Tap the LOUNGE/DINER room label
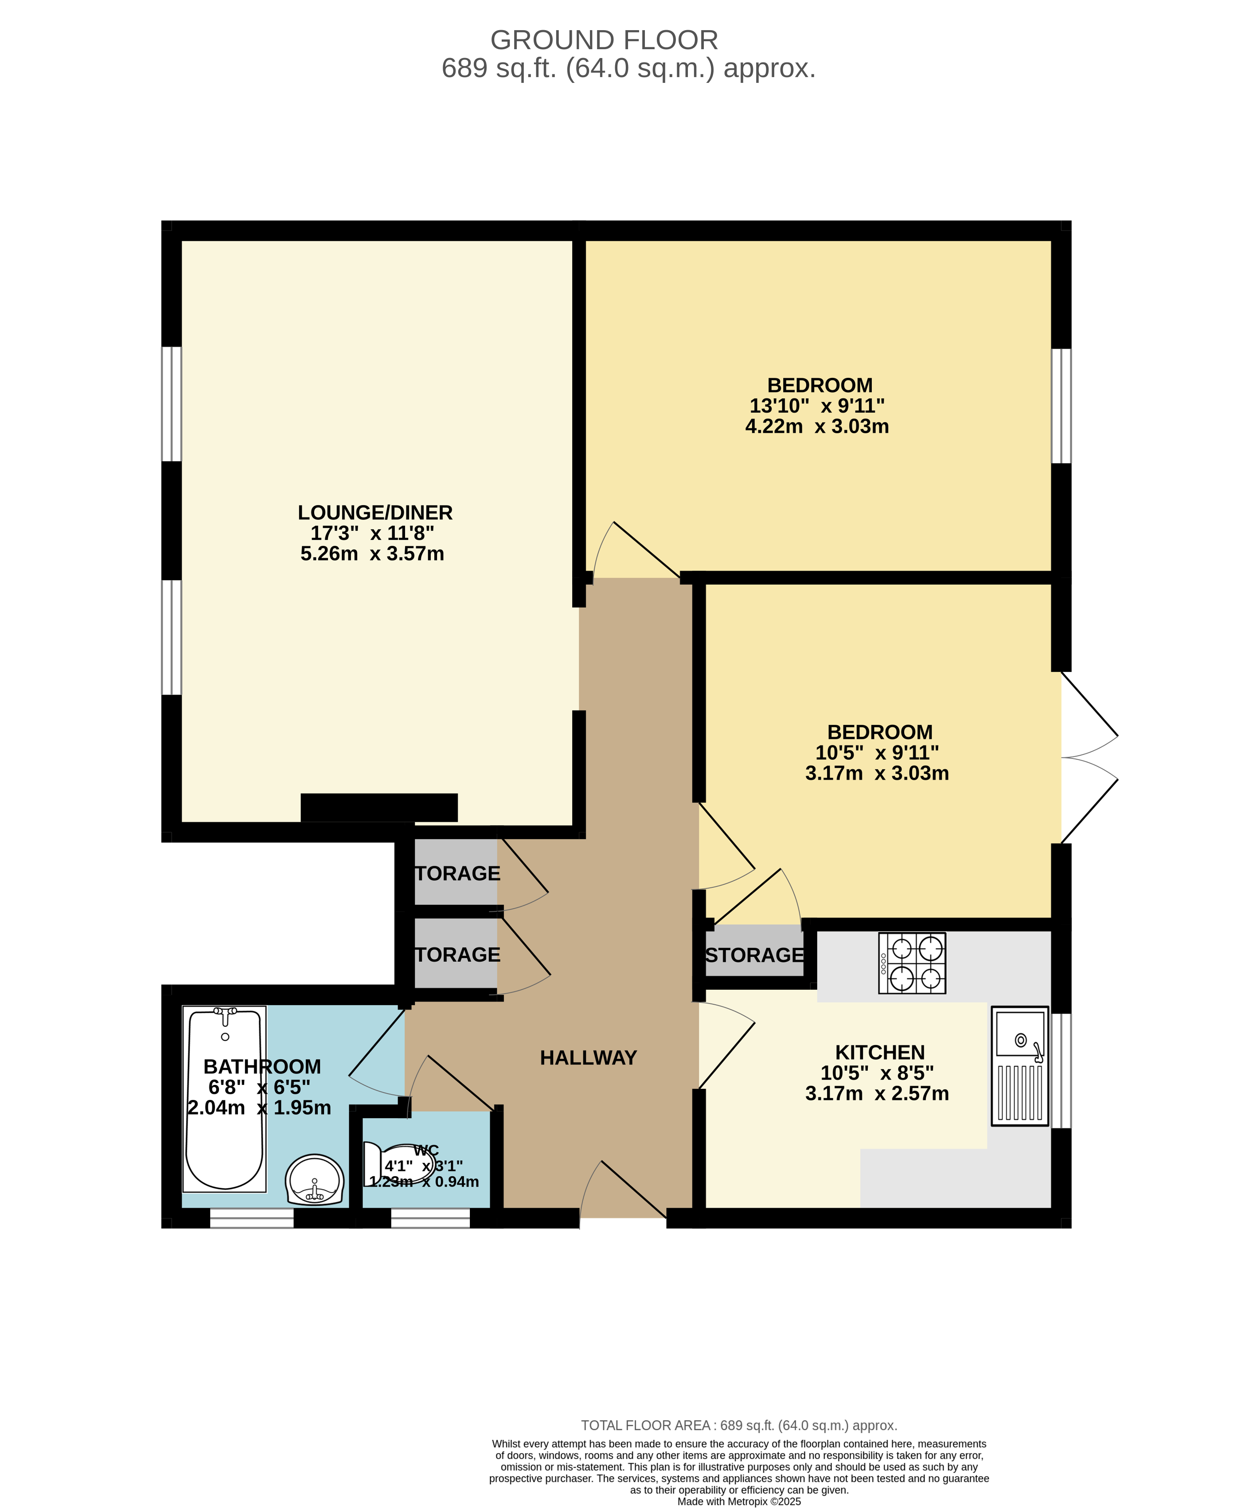[x=375, y=513]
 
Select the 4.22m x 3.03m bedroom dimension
[x=817, y=427]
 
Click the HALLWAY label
[x=588, y=1058]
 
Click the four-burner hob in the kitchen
[x=912, y=963]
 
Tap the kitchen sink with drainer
[x=1020, y=1066]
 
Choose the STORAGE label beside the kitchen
[x=754, y=955]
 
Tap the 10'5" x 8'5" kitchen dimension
[x=877, y=1073]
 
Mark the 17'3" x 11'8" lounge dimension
[x=372, y=533]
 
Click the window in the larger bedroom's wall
[x=1061, y=405]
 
